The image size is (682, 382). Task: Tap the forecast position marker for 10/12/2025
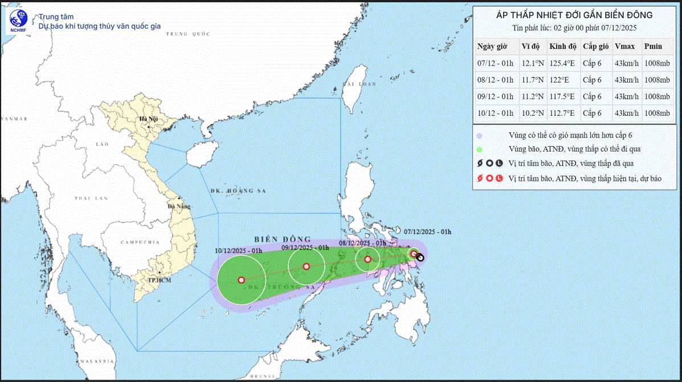[x=241, y=280]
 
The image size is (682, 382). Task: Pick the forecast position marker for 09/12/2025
[x=307, y=266]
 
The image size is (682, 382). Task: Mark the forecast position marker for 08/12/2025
[x=367, y=259]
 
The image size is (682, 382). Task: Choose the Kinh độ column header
[x=562, y=47]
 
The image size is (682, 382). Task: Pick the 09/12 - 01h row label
[x=495, y=96]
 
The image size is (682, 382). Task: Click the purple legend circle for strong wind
[x=480, y=136]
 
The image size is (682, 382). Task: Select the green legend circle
[x=480, y=149]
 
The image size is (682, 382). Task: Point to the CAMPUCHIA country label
[x=140, y=242]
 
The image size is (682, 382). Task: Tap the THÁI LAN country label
[x=91, y=198]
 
